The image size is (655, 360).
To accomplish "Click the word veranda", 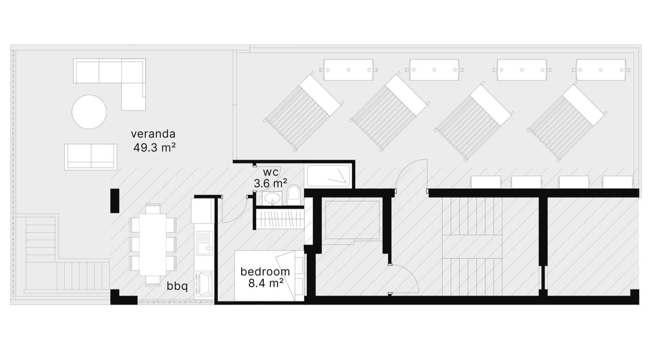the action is click(x=153, y=134).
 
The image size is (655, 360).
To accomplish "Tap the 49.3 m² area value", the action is click(x=154, y=148).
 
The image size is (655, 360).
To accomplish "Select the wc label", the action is click(x=271, y=172).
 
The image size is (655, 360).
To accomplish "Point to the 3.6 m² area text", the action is click(x=270, y=184).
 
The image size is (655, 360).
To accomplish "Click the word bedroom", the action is click(x=265, y=272).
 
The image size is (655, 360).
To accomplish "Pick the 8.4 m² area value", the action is click(x=266, y=283).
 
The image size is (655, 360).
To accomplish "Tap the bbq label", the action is click(x=177, y=286).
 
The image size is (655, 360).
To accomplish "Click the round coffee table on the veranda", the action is click(x=89, y=112).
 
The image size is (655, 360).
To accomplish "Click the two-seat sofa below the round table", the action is click(x=91, y=157).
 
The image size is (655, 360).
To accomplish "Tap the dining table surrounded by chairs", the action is click(x=153, y=245).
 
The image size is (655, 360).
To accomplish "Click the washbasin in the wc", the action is click(x=272, y=198).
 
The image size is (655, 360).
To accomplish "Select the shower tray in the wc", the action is click(x=328, y=176).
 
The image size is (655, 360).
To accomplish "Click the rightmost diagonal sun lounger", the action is click(x=567, y=122).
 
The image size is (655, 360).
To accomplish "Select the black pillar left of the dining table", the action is click(x=115, y=201).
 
